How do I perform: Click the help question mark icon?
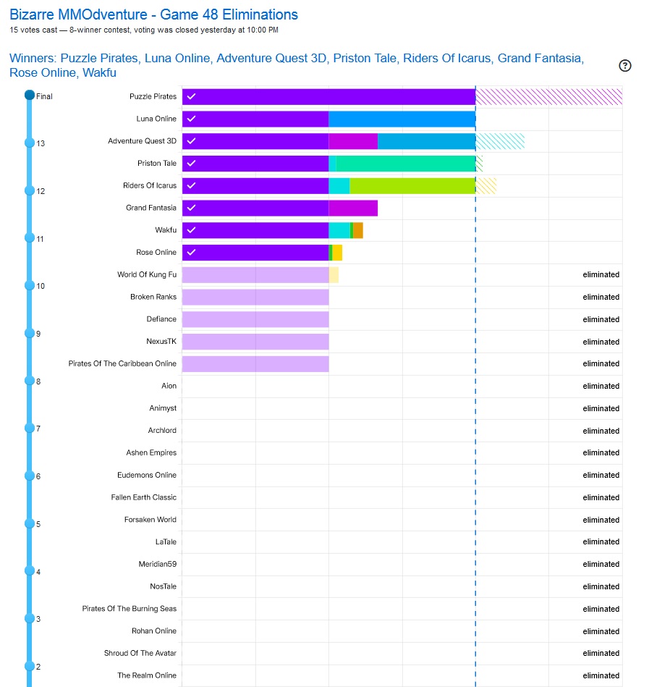[x=625, y=66]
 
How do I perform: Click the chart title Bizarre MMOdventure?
[x=153, y=14]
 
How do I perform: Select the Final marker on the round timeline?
[x=30, y=95]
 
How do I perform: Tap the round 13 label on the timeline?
[x=41, y=143]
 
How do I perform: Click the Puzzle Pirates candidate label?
[x=153, y=97]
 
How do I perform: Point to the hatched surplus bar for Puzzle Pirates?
[x=548, y=97]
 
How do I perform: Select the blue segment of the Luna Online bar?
[x=402, y=119]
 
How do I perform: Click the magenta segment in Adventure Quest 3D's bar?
[x=353, y=141]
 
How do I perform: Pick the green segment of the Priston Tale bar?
[x=405, y=164]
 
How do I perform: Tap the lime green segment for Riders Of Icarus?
[x=412, y=185]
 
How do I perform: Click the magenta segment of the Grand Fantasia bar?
[x=353, y=208]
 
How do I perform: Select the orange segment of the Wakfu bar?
[x=358, y=230]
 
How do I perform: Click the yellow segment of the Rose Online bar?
[x=337, y=253]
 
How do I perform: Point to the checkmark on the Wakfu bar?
[x=191, y=230]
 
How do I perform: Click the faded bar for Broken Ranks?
[x=255, y=297]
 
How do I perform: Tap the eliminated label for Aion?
[x=601, y=386]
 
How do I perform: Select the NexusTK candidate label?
[x=161, y=342]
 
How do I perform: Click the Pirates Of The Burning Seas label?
[x=129, y=609]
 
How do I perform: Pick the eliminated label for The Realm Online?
[x=601, y=675]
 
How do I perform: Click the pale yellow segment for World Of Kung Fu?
[x=334, y=275]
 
